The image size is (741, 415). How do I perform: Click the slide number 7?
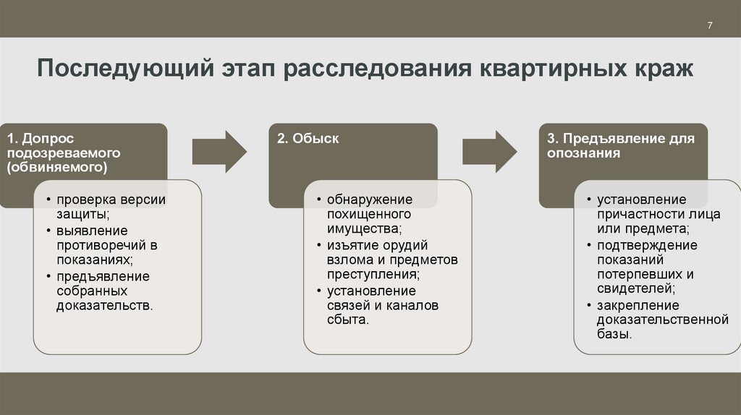pyautogui.click(x=710, y=26)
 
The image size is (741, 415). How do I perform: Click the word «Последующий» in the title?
pyautogui.click(x=124, y=70)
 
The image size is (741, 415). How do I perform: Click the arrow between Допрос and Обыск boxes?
pyautogui.click(x=219, y=152)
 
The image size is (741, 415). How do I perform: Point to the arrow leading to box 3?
pyautogui.click(x=489, y=152)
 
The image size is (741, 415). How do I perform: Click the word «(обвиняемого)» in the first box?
pyautogui.click(x=58, y=168)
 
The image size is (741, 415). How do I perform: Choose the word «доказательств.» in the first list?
pyautogui.click(x=104, y=305)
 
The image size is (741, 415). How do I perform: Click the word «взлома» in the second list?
pyautogui.click(x=346, y=260)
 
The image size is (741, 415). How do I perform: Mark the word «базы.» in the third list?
pyautogui.click(x=615, y=334)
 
